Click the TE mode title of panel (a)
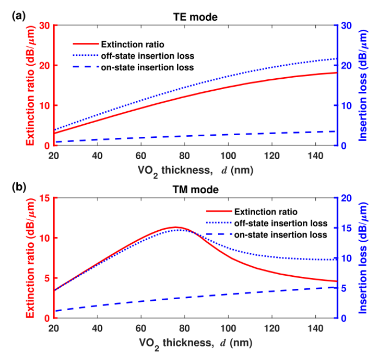pyautogui.click(x=195, y=17)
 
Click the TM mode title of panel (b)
pyautogui.click(x=195, y=190)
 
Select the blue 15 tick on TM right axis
pyautogui.click(x=346, y=228)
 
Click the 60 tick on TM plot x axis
pyautogui.click(x=141, y=329)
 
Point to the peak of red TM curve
pyautogui.click(x=176, y=227)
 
